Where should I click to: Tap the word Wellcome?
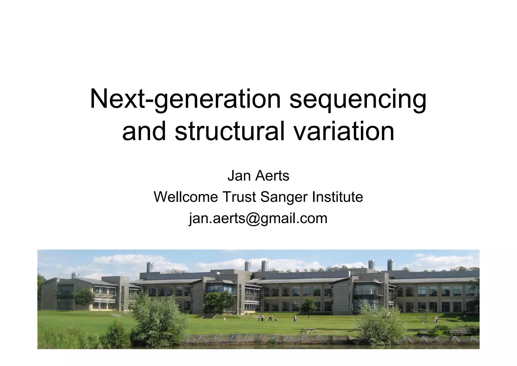tap(186, 197)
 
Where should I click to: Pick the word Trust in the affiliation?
tap(239, 197)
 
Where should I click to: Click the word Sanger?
tap(284, 197)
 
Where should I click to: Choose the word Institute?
tap(338, 197)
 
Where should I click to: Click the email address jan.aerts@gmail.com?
tap(258, 218)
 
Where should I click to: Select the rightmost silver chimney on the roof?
tap(391, 264)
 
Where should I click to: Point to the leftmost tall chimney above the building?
tap(150, 267)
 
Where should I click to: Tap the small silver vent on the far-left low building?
tap(75, 275)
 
